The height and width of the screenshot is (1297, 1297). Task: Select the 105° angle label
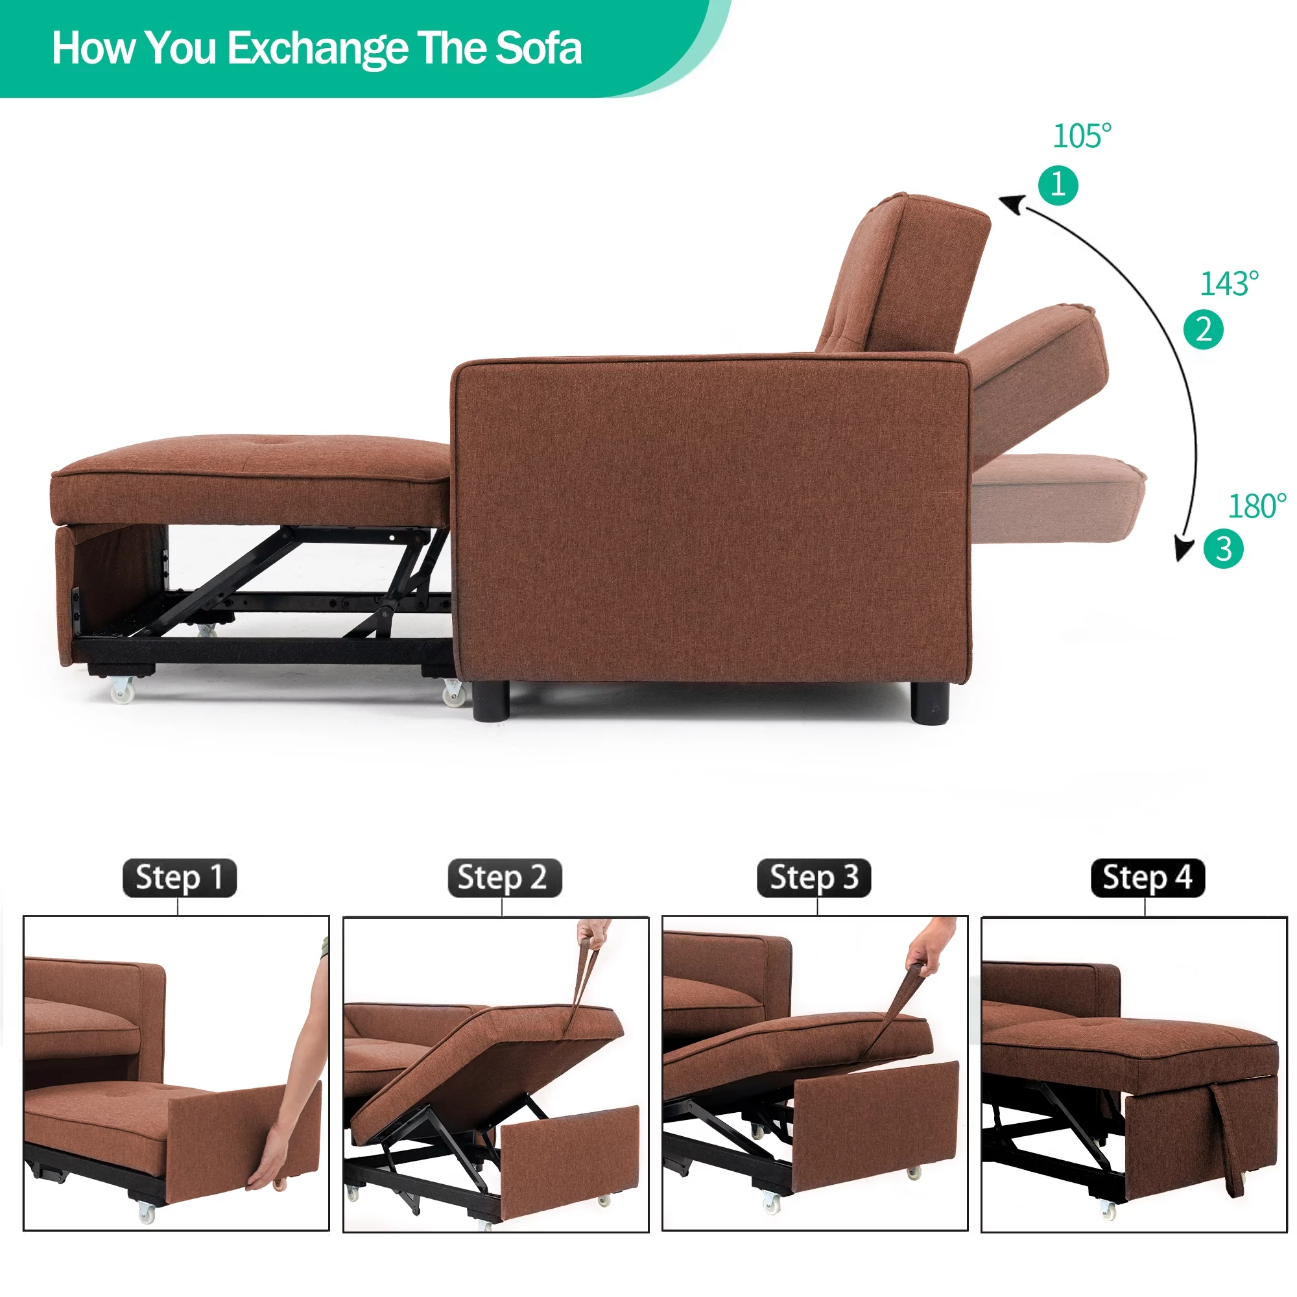[1082, 136]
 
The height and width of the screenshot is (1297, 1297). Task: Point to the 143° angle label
[1228, 283]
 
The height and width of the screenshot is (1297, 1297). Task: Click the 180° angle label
[1257, 506]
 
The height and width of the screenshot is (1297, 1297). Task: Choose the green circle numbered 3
[1223, 549]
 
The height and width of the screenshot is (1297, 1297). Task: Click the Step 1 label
[179, 877]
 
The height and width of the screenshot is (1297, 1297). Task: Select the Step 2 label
[504, 877]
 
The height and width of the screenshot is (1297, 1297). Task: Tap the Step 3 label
[814, 877]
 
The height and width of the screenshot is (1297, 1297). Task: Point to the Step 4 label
[1148, 877]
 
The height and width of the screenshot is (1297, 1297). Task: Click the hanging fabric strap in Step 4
[1227, 1147]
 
